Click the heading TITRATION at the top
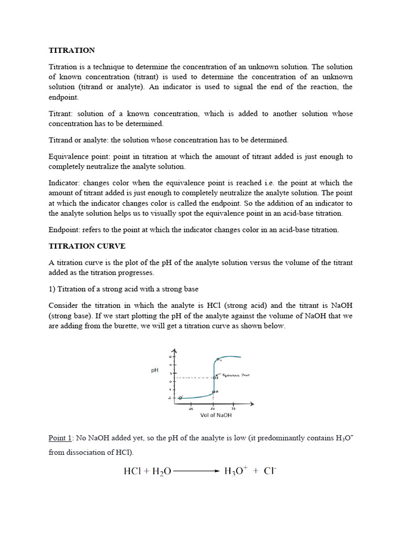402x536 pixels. click(x=72, y=50)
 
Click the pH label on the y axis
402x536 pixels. click(x=155, y=370)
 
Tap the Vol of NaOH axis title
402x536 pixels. click(x=216, y=415)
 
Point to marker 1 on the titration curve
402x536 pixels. click(x=180, y=398)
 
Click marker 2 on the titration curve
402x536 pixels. click(x=214, y=392)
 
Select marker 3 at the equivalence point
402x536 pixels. click(x=214, y=377)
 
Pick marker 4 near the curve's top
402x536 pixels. click(x=218, y=360)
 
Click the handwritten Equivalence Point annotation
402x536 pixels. click(x=235, y=375)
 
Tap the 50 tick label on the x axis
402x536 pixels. click(x=213, y=409)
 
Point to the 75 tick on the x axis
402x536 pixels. click(x=233, y=409)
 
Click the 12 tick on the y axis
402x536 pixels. click(x=170, y=357)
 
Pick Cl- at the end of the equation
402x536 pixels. click(x=270, y=471)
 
